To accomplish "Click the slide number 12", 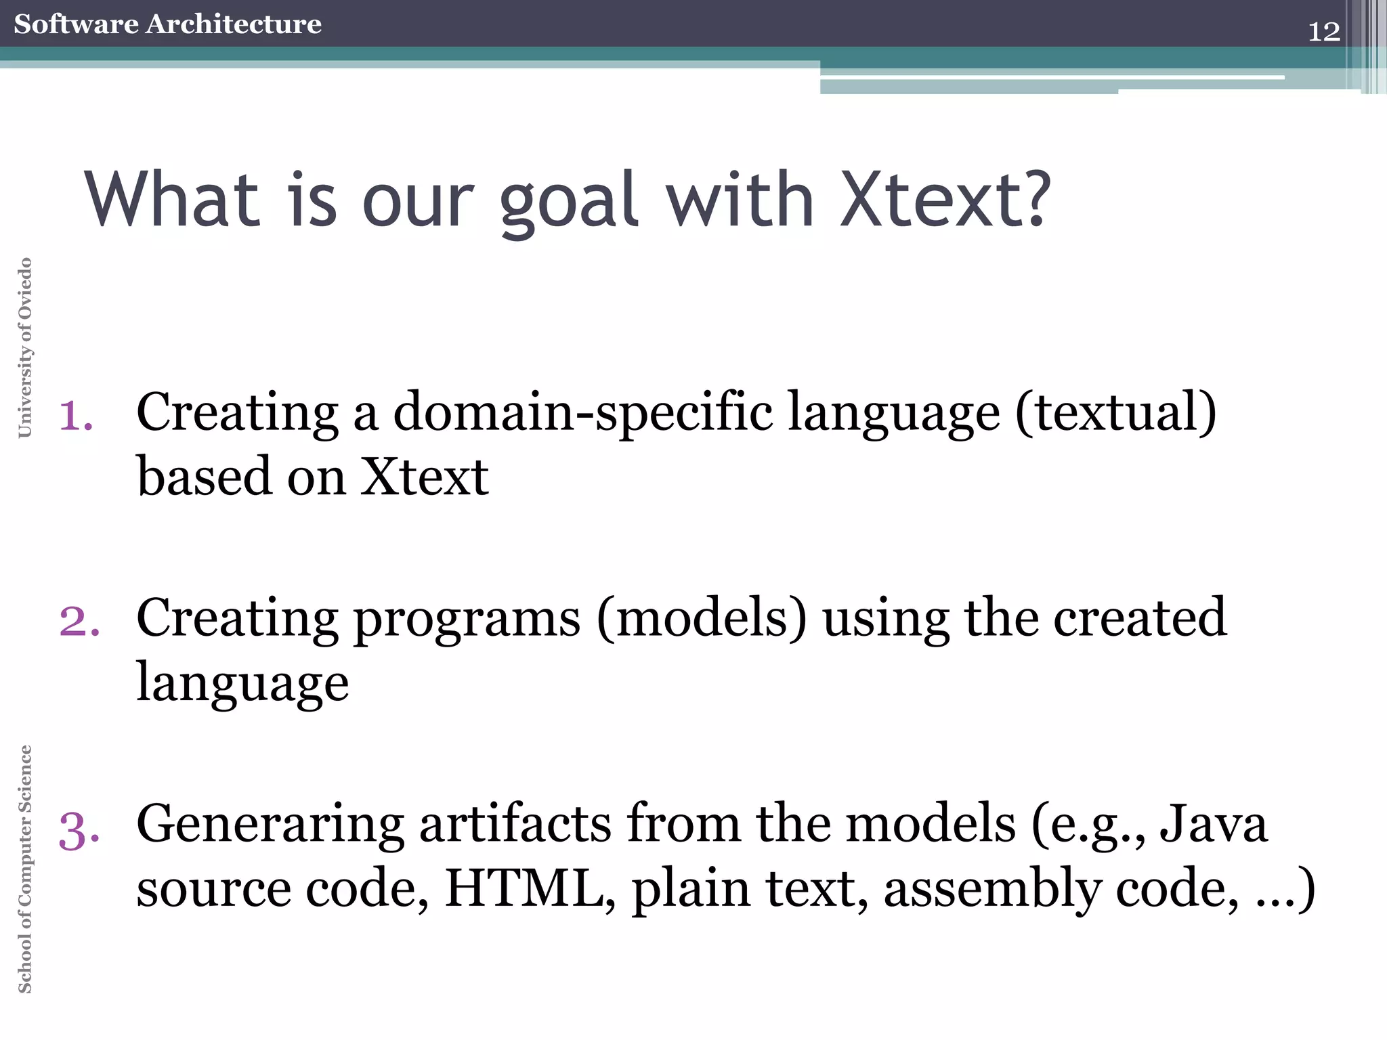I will click(x=1323, y=32).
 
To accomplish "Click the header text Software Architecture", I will click(x=167, y=24).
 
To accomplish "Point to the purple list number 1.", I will click(x=76, y=416).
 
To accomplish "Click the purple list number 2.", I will click(x=79, y=622).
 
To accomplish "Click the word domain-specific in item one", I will click(x=582, y=412).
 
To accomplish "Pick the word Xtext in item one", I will click(x=423, y=477).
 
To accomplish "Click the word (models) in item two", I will click(x=702, y=618).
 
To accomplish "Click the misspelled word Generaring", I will click(x=270, y=825).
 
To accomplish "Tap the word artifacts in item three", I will click(x=515, y=824).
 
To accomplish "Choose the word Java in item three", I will click(x=1212, y=824).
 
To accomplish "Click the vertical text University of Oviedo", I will click(x=25, y=347).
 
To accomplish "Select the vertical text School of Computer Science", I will click(x=25, y=869).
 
